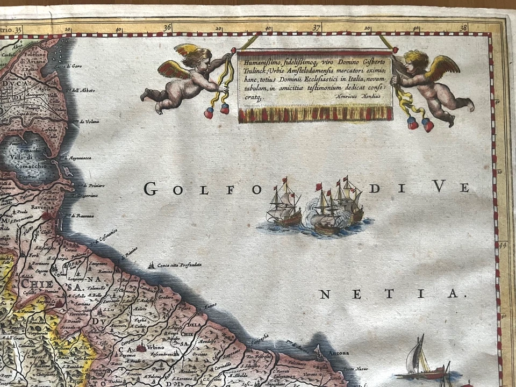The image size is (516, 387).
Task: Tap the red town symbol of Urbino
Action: pyautogui.click(x=141, y=348)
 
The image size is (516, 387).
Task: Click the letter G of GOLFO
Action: pyautogui.click(x=150, y=189)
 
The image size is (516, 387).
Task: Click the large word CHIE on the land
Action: pyautogui.click(x=34, y=283)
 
